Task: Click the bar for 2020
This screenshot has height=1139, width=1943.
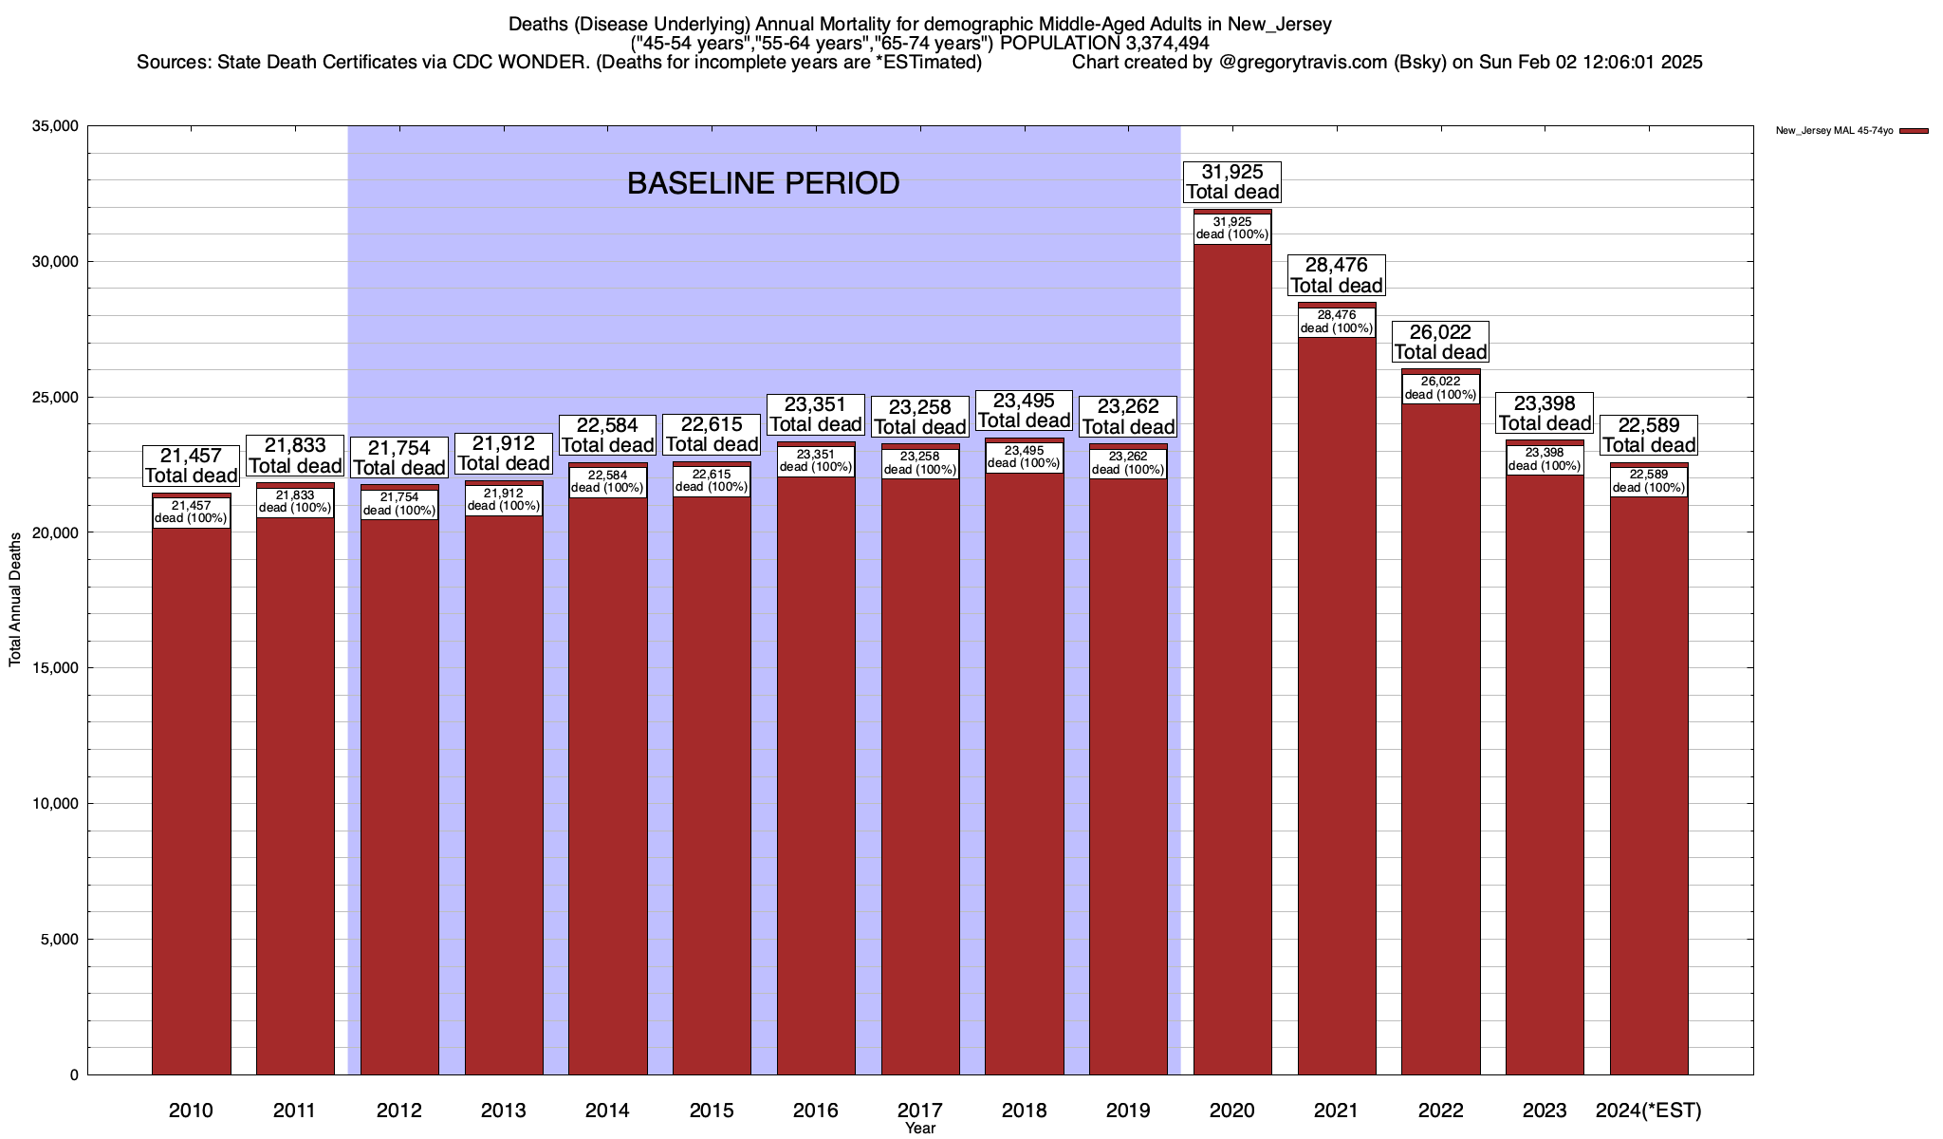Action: [x=1232, y=664]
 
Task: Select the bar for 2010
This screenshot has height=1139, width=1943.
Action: [x=191, y=807]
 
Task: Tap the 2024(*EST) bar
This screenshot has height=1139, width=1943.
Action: [x=1649, y=788]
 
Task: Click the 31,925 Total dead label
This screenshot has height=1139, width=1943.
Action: [x=1232, y=181]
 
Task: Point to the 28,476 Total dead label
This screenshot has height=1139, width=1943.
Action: [x=1337, y=275]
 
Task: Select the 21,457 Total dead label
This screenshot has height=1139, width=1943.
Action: [x=191, y=466]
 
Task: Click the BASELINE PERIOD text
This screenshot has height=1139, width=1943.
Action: [x=763, y=183]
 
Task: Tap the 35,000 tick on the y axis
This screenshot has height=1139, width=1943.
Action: [x=54, y=126]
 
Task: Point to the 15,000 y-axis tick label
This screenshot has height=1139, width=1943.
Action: [x=54, y=668]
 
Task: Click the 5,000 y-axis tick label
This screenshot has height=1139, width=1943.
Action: [x=58, y=940]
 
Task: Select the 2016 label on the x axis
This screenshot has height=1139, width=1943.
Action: [x=816, y=1110]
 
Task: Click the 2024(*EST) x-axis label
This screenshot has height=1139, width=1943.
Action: [x=1649, y=1110]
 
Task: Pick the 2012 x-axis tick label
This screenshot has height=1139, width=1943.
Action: [x=399, y=1110]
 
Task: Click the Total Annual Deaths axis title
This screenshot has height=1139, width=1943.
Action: [x=15, y=600]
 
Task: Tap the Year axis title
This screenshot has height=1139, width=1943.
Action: [x=920, y=1129]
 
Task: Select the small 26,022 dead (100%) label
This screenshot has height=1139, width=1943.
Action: [x=1440, y=388]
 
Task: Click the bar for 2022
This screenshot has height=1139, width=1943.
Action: [x=1440, y=740]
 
